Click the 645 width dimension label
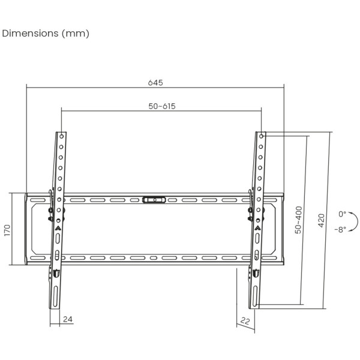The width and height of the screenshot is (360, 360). tap(155, 82)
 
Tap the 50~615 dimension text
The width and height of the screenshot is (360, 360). tap(162, 106)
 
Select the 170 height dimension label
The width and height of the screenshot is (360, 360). tap(7, 230)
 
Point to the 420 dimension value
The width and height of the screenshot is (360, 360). tap(322, 220)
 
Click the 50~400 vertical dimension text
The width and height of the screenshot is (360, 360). tap(298, 220)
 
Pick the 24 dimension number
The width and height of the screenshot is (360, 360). tap(68, 319)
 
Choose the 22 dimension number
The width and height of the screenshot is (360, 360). tap(245, 320)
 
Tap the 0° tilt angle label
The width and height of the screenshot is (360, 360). tap(342, 214)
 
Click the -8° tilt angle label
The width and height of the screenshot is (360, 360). tap(340, 229)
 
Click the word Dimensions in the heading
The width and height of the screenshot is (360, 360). tap(30, 33)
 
